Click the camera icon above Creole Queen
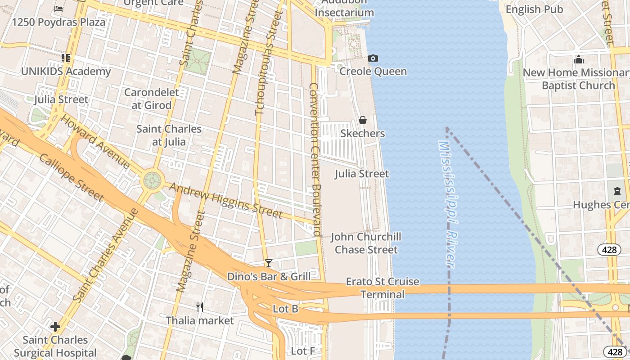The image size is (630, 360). pos(373,58)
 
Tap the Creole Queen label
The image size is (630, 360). pos(373,72)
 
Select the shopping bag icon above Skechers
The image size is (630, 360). pos(362,120)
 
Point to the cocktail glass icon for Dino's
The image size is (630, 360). pos(269,263)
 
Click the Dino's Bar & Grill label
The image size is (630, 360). pos(269,276)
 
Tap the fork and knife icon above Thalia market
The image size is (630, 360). pos(200,307)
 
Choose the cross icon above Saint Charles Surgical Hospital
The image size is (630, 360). pos(55,326)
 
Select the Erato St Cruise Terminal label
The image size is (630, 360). pos(382,288)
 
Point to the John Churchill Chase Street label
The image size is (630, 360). pos(366,243)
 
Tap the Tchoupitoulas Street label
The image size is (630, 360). pos(265,63)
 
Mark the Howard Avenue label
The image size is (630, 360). pos(95,142)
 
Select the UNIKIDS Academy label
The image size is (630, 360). pos(66,72)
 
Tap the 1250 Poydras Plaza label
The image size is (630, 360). pos(58,22)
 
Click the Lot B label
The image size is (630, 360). pos(285,309)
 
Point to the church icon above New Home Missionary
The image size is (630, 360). pos(579,59)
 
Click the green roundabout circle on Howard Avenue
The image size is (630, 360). pos(152,181)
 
